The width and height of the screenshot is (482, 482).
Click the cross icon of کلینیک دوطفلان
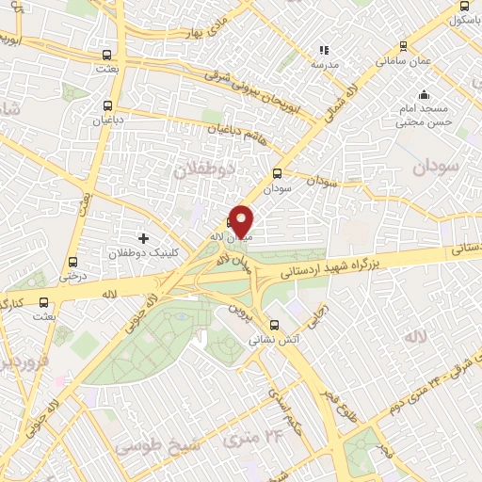pyautogui.click(x=143, y=238)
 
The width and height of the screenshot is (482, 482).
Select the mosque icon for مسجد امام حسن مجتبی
pyautogui.click(x=425, y=95)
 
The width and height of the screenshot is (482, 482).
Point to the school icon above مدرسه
pyautogui.click(x=324, y=50)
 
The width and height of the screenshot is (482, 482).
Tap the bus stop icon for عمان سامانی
pyautogui.click(x=403, y=45)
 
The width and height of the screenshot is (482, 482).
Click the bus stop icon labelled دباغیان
pyautogui.click(x=108, y=105)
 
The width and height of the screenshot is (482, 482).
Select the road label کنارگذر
pyautogui.click(x=14, y=303)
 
